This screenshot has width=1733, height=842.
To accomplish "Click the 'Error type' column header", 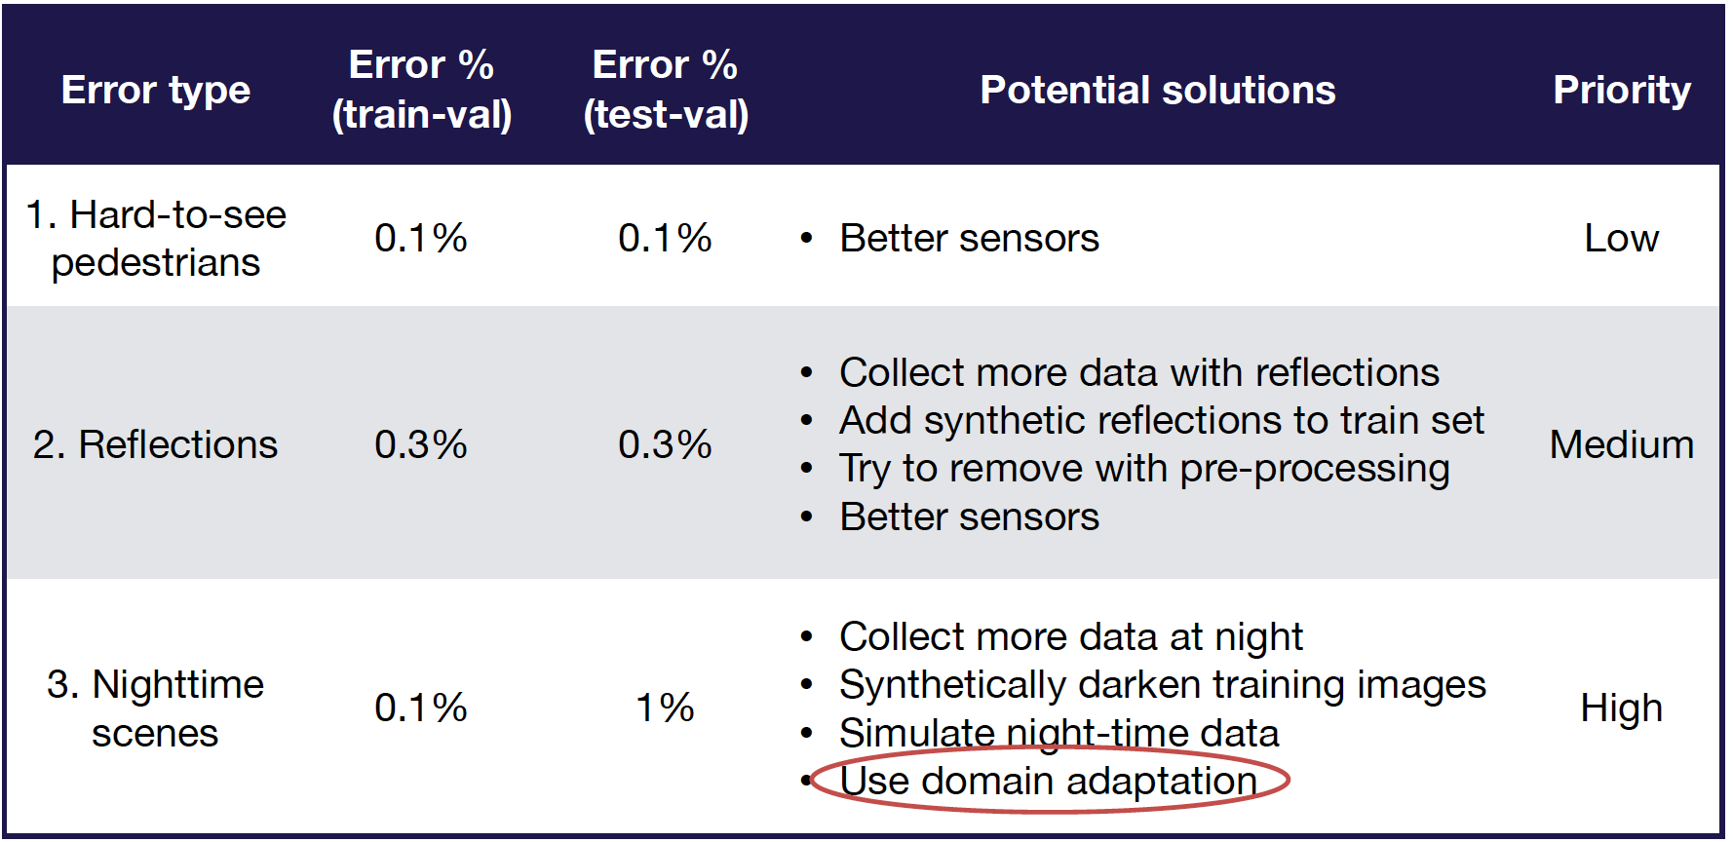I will click(x=156, y=90).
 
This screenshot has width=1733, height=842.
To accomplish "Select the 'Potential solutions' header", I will click(x=1157, y=90).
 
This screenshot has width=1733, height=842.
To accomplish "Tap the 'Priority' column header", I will click(x=1621, y=90).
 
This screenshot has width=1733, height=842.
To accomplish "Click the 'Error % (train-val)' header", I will click(x=421, y=90).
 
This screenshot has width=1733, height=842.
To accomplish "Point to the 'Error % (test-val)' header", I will click(x=666, y=90).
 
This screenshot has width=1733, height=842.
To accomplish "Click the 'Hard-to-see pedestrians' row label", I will click(x=156, y=239).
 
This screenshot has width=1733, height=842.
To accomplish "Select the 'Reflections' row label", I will click(x=156, y=444).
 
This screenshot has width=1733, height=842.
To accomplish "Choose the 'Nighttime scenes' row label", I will click(x=156, y=708).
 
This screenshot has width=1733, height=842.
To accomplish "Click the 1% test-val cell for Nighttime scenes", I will click(x=665, y=708).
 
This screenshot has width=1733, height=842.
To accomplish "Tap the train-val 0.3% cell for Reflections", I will click(x=421, y=444).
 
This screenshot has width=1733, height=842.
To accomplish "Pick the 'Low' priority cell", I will click(x=1621, y=239).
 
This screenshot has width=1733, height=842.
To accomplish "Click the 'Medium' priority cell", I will click(x=1621, y=444).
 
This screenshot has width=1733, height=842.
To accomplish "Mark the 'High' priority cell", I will click(x=1621, y=708).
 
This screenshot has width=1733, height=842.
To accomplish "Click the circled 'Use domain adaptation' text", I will click(x=1048, y=781).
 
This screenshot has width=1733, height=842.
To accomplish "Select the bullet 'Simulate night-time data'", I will click(x=1059, y=733).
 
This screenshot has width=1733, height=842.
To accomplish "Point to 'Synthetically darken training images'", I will click(x=1162, y=685).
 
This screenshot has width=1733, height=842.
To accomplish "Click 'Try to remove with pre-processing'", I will click(x=1144, y=469).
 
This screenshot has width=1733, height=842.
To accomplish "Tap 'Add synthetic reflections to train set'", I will click(x=1161, y=421).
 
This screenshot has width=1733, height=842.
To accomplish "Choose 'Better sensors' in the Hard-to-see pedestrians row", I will click(x=969, y=239).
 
